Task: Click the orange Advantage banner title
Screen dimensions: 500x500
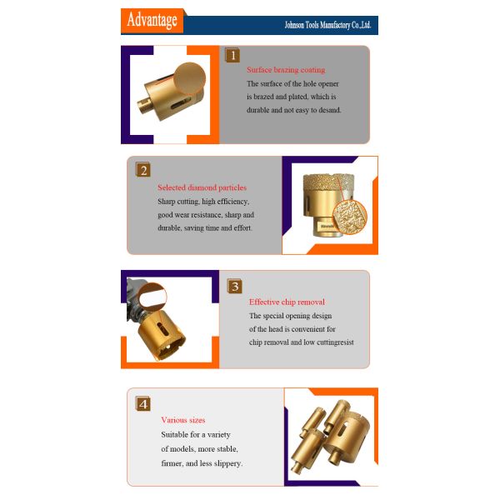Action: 152,20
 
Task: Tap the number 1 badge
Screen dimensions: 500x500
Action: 233,56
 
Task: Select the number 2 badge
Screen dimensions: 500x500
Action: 143,170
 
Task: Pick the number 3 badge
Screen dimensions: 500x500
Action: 235,286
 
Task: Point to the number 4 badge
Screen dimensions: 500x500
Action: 143,403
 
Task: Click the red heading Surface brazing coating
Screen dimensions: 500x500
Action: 285,70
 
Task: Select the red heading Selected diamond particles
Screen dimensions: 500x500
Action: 202,187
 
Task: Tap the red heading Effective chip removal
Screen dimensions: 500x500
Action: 287,302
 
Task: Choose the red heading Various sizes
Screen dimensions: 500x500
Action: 182,420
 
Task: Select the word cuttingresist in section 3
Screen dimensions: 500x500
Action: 333,342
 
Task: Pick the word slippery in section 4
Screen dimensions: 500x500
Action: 226,463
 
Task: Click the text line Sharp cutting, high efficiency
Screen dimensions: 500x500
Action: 203,202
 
